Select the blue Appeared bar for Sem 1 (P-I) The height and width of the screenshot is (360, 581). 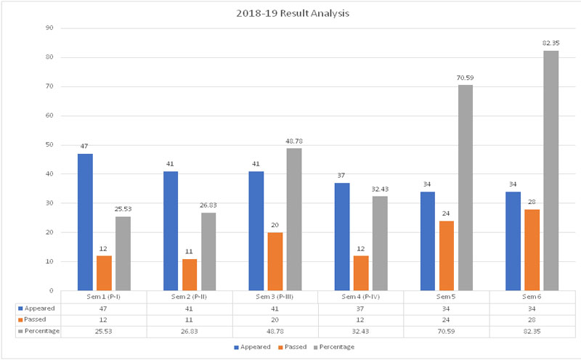tap(85, 221)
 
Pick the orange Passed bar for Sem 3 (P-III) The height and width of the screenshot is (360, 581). tap(276, 261)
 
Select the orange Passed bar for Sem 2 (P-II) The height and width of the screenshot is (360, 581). tap(190, 274)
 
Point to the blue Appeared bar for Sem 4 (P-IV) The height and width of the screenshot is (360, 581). tap(342, 236)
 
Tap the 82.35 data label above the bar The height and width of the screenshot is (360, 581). tap(550, 44)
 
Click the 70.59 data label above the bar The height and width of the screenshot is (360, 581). tap(465, 78)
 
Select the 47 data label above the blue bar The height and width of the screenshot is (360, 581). tap(85, 146)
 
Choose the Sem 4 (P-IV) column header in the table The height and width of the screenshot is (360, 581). tap(361, 297)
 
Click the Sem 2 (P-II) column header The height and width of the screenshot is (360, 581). tap(190, 297)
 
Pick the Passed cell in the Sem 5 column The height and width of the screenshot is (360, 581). tap(446, 319)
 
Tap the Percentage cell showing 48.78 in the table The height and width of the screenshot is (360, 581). tap(276, 331)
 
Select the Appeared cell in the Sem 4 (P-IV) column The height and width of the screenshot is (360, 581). tap(361, 308)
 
